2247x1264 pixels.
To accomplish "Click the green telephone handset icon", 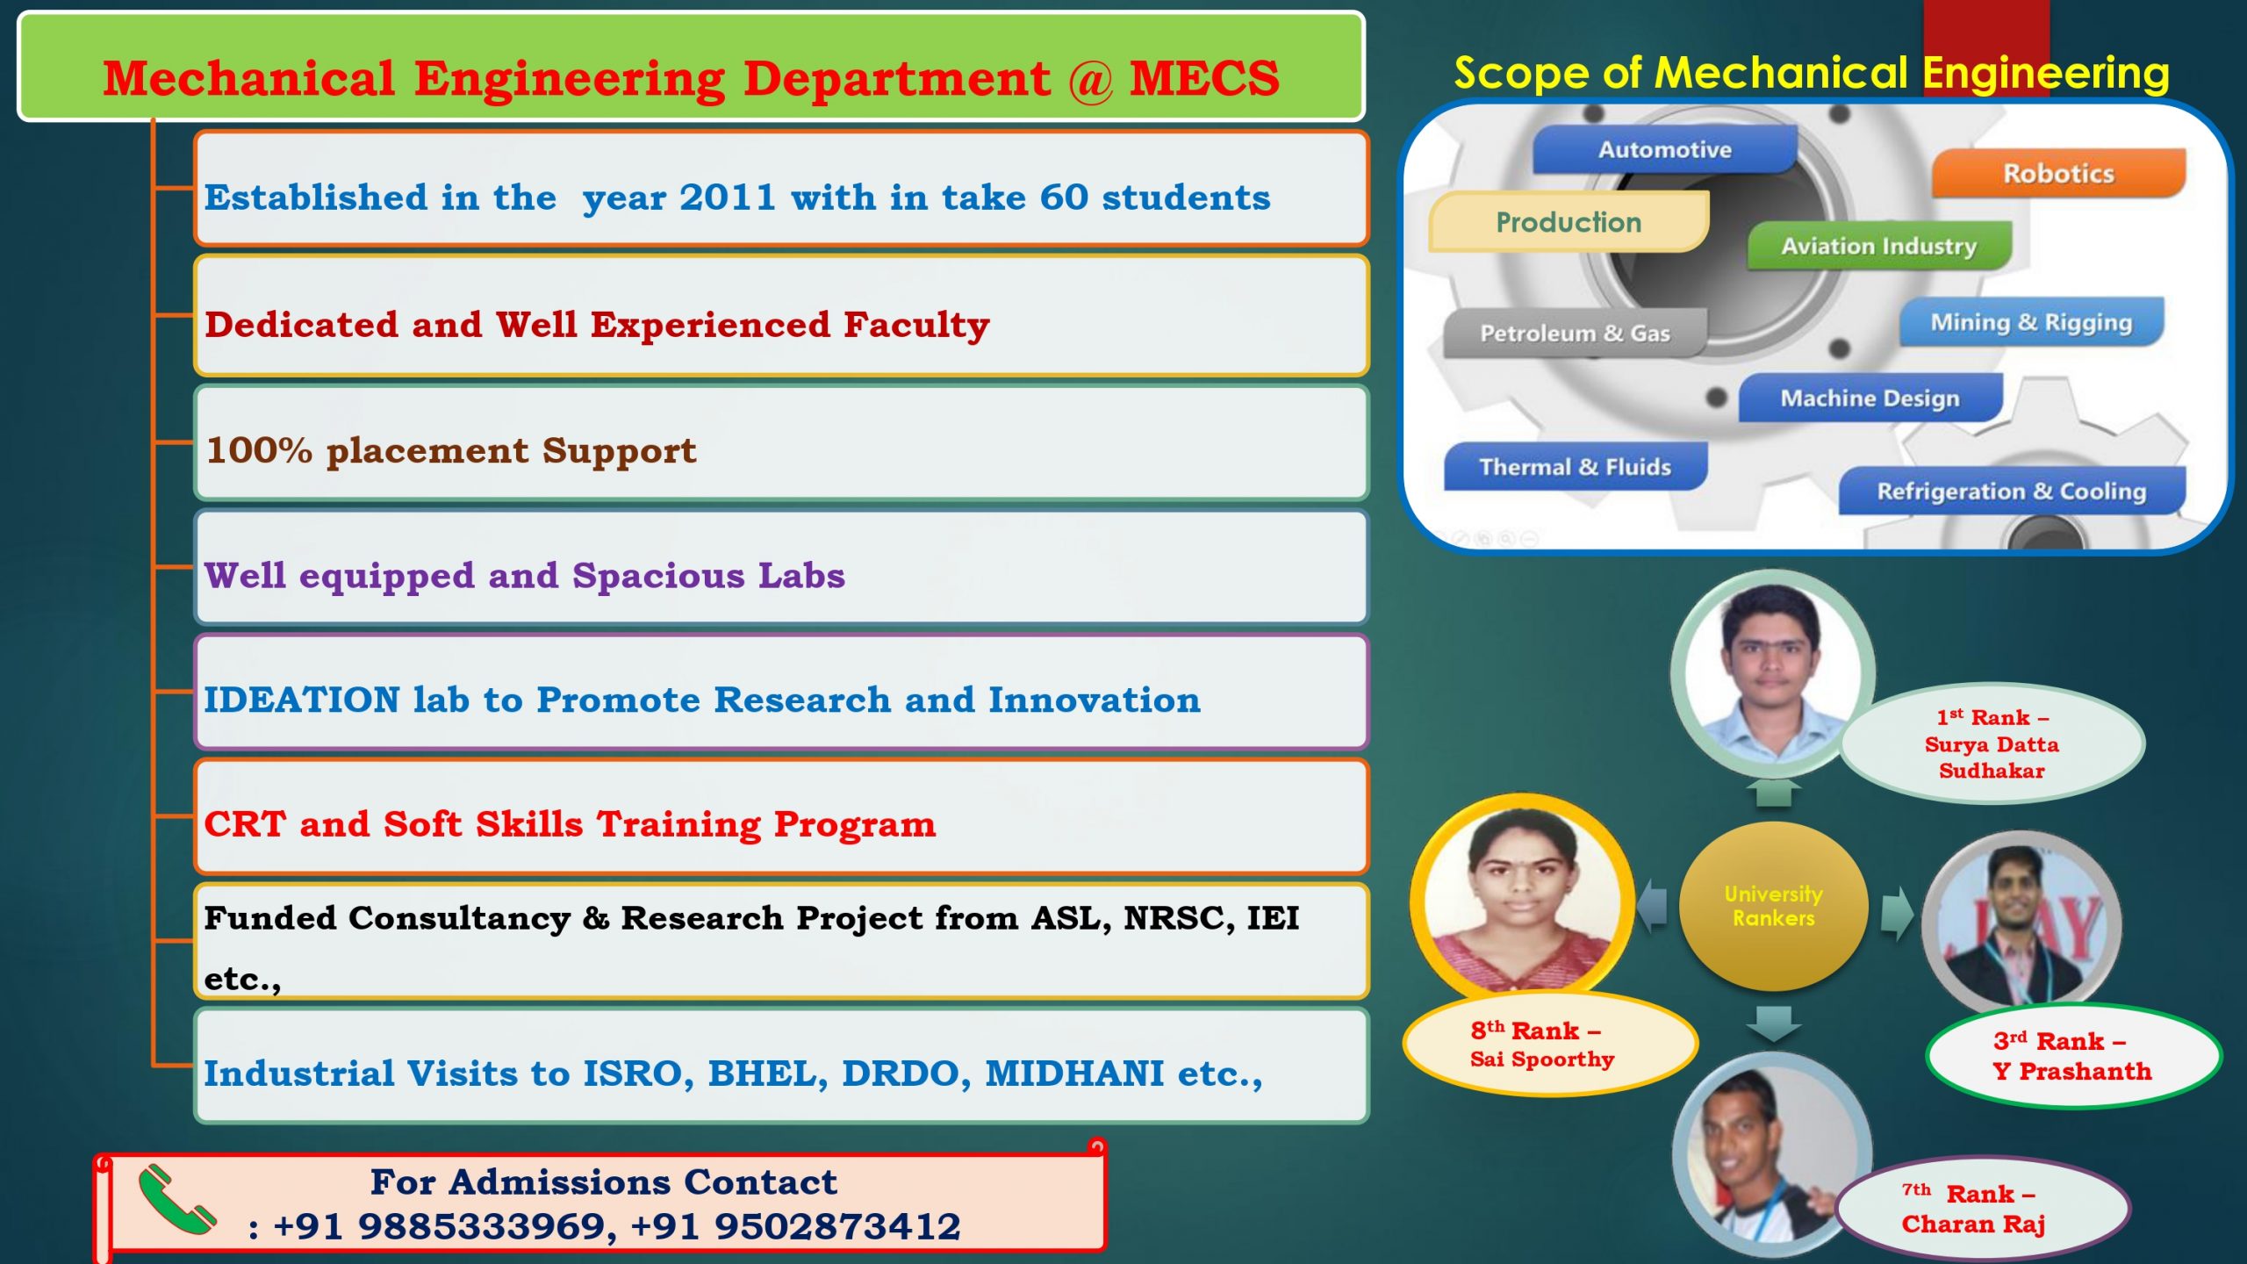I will tap(176, 1200).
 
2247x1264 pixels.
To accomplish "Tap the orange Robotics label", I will tap(2057, 174).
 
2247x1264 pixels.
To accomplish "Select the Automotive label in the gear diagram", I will tap(1664, 150).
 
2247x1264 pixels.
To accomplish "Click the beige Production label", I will tap(1569, 223).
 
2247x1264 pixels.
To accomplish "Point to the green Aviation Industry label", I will tap(1878, 247).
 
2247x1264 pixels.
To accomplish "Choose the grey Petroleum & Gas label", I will tap(1575, 334).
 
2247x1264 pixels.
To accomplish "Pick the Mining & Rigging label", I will tap(2030, 323).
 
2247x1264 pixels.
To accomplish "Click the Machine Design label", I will tap(1870, 399).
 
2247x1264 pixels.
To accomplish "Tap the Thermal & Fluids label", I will tap(1575, 467).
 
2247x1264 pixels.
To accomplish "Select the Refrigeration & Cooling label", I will tap(2011, 492).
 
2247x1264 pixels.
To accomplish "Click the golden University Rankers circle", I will tap(1773, 906).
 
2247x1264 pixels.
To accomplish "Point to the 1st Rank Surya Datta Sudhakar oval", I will tap(1991, 744).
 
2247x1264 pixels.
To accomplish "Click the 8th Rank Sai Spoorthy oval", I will tap(1542, 1045).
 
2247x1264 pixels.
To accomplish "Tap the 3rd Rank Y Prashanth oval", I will tap(2071, 1056).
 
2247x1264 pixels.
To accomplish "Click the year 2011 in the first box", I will tap(728, 197).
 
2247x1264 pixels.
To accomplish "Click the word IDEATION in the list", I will tap(302, 700).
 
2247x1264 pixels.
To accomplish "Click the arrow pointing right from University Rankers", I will tap(1896, 913).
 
